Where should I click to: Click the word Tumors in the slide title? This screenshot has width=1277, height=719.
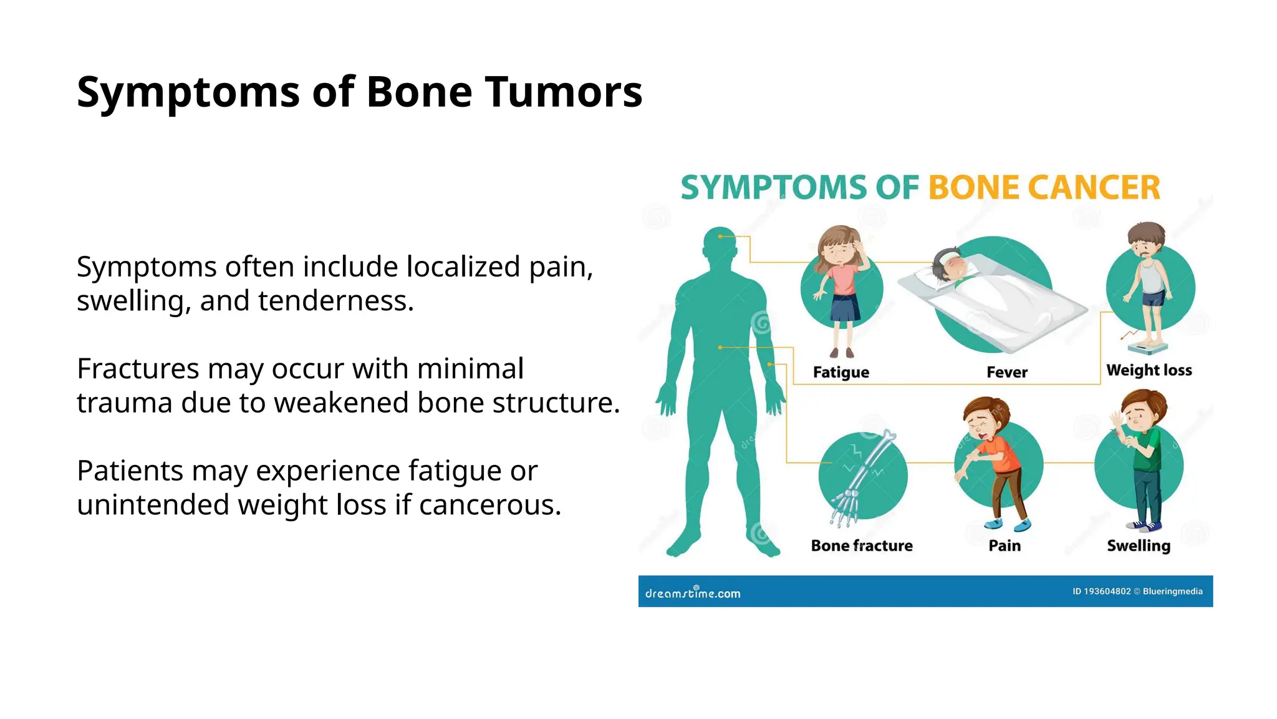point(563,92)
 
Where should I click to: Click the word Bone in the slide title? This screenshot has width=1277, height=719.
point(419,92)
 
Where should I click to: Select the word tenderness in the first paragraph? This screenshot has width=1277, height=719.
point(336,301)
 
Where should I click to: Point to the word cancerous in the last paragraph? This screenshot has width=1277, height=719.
point(490,505)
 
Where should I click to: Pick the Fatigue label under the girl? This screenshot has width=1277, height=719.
point(841,373)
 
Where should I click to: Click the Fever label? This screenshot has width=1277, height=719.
point(1006,373)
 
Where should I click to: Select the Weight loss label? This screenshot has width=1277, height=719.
point(1149,371)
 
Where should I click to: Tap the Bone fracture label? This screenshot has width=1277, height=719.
point(862,546)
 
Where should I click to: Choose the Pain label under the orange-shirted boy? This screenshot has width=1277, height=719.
point(1005,546)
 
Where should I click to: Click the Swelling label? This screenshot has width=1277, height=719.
point(1139,546)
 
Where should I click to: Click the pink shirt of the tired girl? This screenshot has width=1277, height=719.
point(842,280)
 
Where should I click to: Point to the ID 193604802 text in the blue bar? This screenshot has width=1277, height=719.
point(1101,591)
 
